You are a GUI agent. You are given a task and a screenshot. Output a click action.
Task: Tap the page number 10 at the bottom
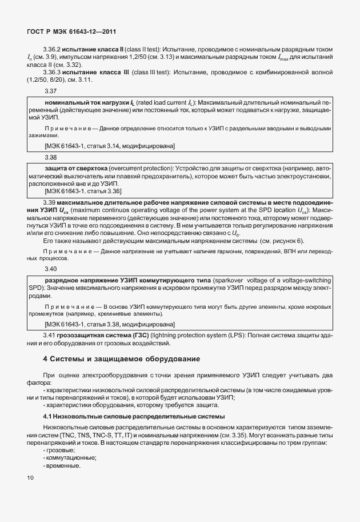(30, 476)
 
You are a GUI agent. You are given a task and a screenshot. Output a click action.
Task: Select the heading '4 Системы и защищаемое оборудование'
(122, 359)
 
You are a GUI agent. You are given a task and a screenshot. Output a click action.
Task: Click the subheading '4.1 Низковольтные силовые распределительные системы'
(134, 416)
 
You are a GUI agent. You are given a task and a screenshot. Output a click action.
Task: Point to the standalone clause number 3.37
(50, 91)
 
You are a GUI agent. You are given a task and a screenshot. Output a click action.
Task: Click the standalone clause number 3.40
(50, 268)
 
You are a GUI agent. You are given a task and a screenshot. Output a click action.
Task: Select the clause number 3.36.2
(54, 50)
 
